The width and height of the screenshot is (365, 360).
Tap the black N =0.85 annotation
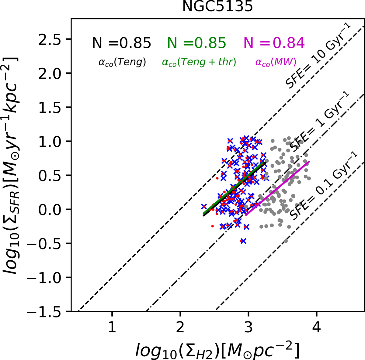[122, 43]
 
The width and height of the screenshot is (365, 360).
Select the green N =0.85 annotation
[197, 43]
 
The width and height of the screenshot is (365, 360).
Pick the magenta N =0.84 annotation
[274, 43]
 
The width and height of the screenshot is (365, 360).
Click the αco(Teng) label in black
[122, 62]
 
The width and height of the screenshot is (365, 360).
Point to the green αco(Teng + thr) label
[199, 62]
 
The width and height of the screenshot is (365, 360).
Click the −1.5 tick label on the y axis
[50, 311]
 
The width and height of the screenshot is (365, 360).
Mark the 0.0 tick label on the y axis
[54, 209]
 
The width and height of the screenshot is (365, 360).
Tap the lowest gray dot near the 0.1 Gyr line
[286, 241]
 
